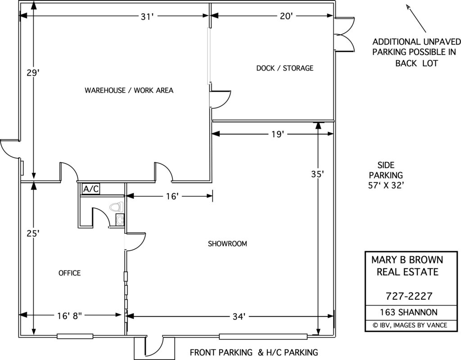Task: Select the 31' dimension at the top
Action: (147, 17)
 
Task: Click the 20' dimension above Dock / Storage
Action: (286, 17)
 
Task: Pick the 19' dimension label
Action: (277, 134)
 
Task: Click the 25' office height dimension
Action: (32, 234)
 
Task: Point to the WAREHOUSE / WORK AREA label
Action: (129, 90)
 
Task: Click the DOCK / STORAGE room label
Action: (285, 68)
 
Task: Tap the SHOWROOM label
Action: (227, 244)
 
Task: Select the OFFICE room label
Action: (69, 273)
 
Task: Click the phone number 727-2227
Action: (409, 296)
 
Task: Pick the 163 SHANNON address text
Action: (409, 312)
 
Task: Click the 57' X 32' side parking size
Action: (386, 184)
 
